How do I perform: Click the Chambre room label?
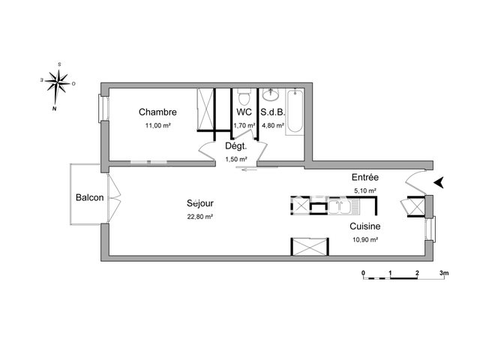click(x=157, y=112)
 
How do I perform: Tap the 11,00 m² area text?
click(x=157, y=125)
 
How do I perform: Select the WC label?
click(x=244, y=112)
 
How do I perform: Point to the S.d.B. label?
click(x=272, y=112)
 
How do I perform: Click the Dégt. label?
click(x=237, y=146)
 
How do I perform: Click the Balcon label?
click(x=89, y=197)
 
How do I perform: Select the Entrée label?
click(x=365, y=178)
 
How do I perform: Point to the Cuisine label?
click(x=364, y=226)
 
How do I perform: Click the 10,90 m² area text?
click(x=364, y=239)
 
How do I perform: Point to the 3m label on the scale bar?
click(x=443, y=273)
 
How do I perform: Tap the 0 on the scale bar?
click(x=363, y=273)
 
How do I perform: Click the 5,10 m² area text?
click(x=365, y=190)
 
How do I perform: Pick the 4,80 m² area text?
click(x=272, y=125)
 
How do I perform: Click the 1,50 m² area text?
click(x=237, y=159)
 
